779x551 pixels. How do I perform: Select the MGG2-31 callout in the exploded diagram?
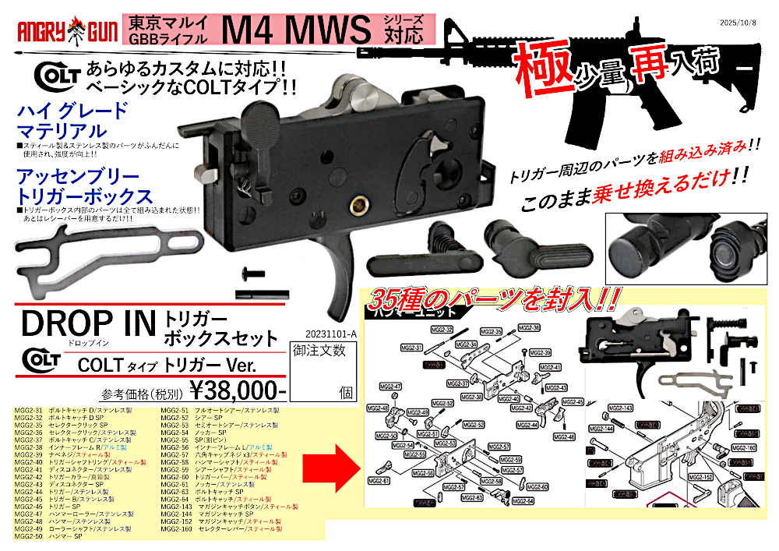(x=412, y=348)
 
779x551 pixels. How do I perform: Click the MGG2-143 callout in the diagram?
(x=619, y=408)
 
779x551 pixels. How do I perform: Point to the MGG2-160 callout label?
(x=745, y=448)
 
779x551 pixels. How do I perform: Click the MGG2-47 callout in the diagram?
(x=390, y=387)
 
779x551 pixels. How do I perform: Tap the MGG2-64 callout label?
(x=524, y=500)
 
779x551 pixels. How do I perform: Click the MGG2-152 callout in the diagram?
(x=703, y=476)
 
